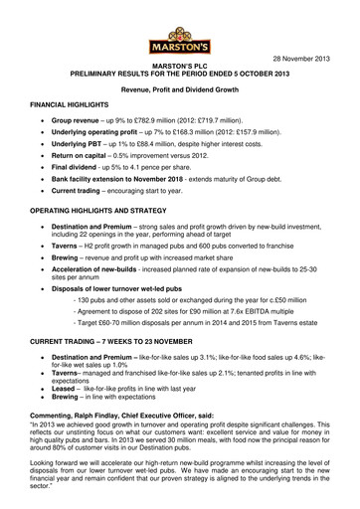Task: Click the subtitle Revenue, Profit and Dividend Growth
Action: [x=179, y=86]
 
